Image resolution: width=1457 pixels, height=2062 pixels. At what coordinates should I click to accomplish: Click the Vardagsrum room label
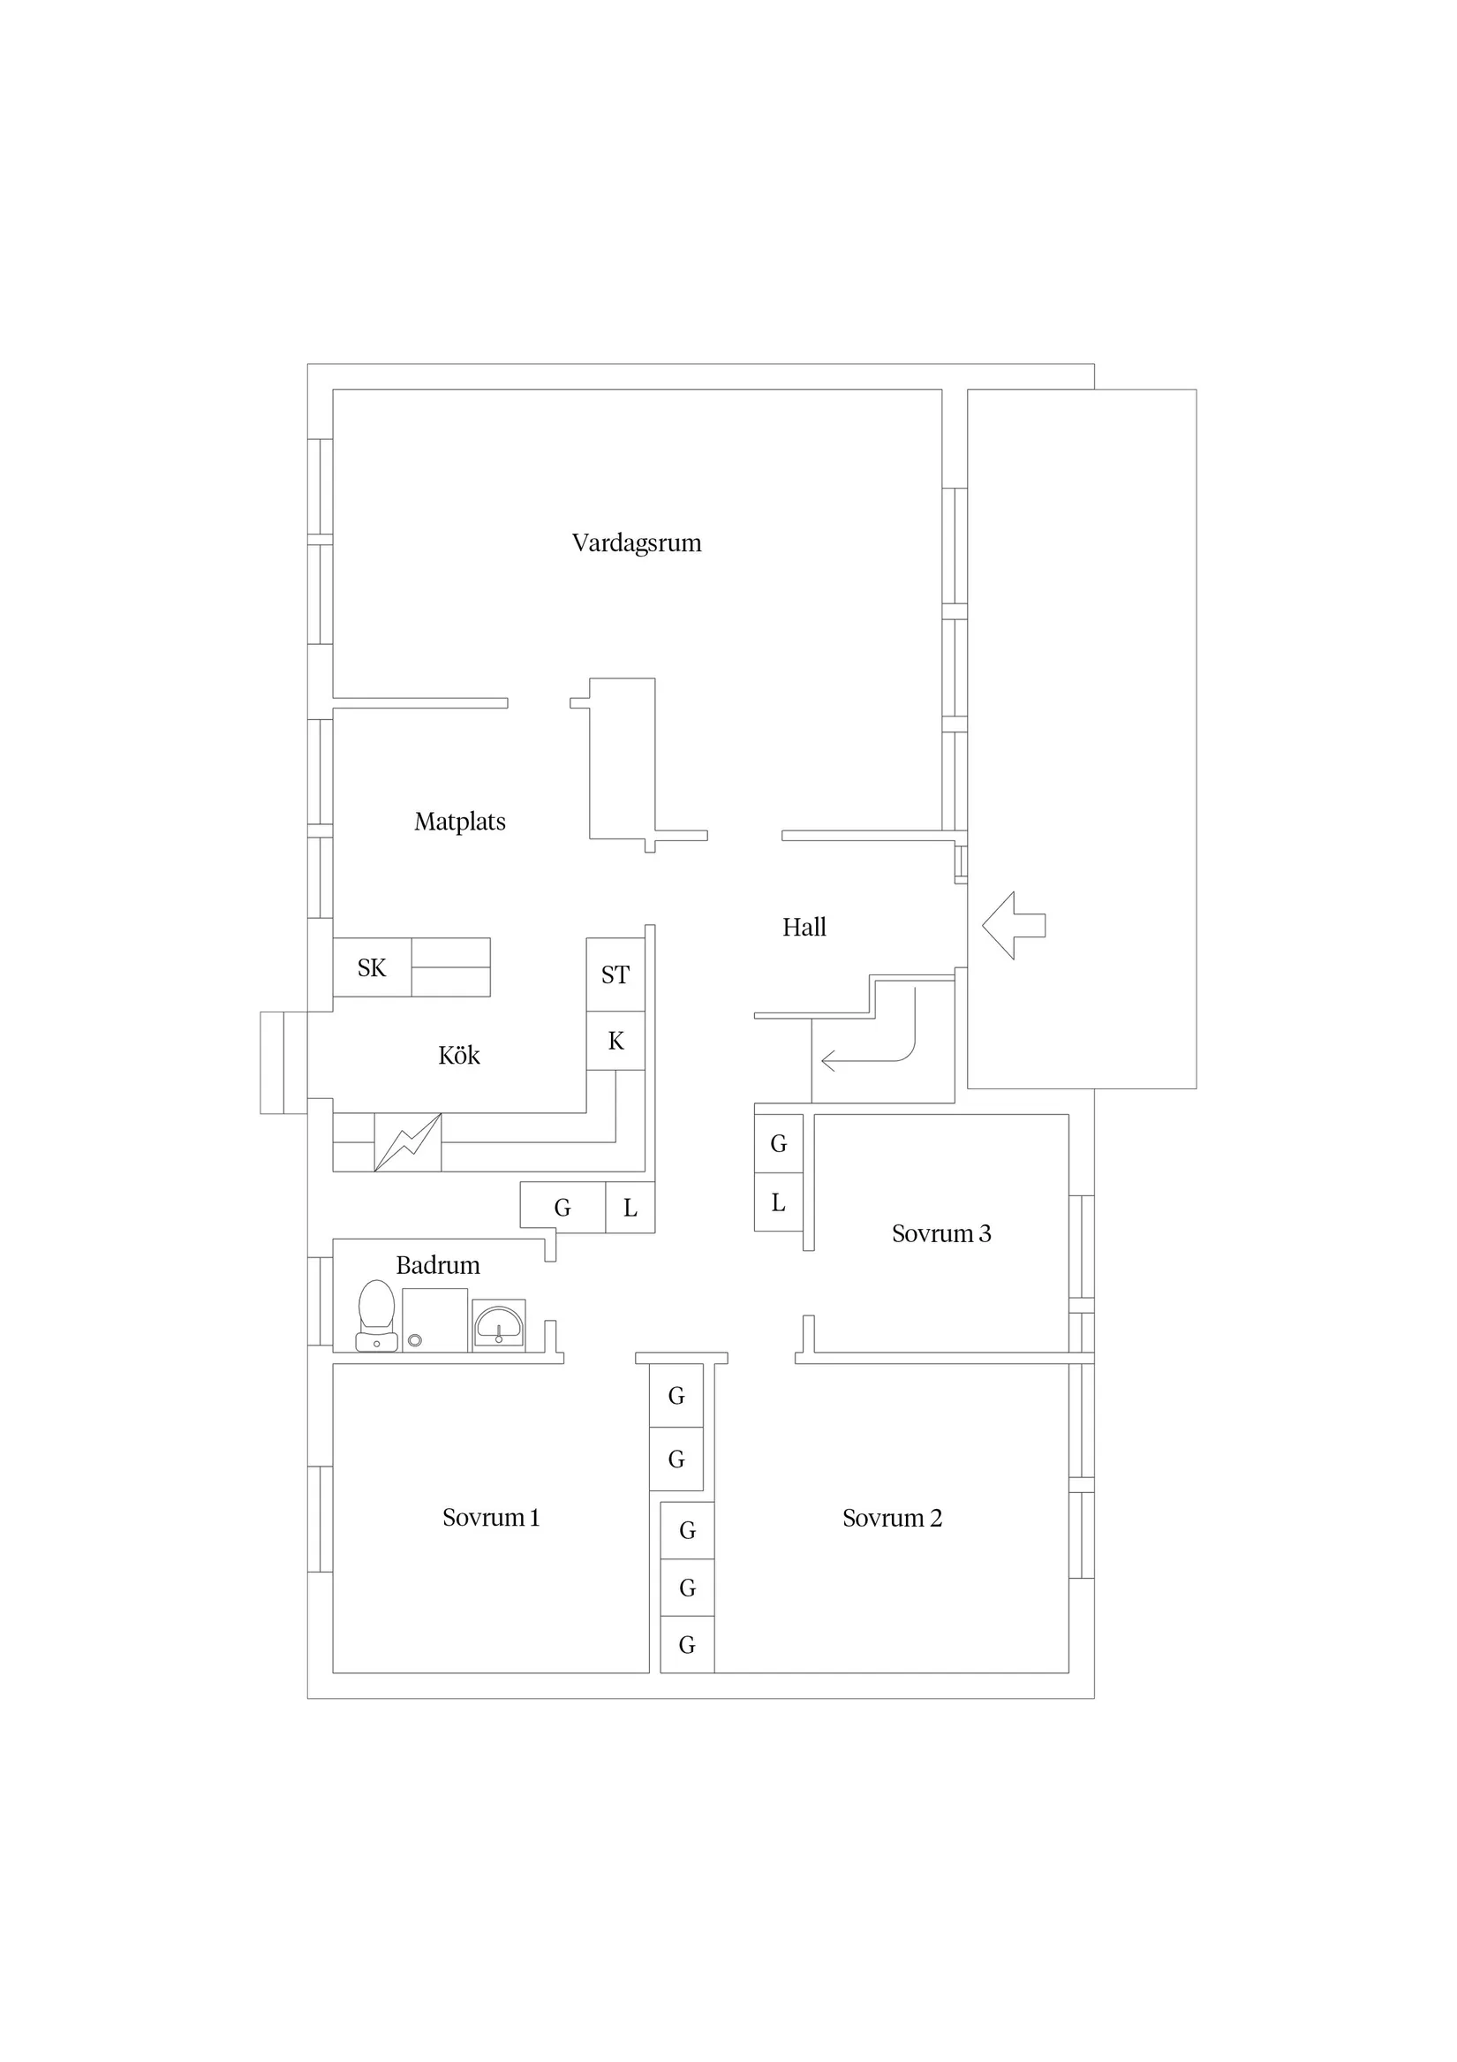coord(637,543)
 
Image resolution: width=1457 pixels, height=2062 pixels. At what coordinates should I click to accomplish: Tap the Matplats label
coord(460,822)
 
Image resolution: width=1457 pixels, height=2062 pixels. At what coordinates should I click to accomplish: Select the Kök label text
coord(459,1055)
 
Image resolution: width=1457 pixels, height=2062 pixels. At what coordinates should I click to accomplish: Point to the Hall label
coord(804,927)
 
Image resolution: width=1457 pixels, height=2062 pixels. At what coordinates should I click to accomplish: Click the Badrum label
coord(438,1265)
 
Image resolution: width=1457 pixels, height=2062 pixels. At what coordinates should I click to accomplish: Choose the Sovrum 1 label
coord(491,1518)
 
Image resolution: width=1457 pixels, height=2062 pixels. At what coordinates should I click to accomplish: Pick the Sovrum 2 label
coord(893,1519)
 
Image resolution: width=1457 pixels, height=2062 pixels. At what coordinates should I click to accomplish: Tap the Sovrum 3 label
coord(941,1234)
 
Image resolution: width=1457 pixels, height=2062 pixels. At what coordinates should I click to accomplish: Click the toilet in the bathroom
coord(377,1315)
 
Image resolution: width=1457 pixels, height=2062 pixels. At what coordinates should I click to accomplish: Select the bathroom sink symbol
coord(499,1325)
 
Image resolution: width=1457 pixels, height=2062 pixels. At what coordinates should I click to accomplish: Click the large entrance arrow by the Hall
coord(1014,925)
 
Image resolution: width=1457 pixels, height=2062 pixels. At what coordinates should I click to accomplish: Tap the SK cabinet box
coord(373,967)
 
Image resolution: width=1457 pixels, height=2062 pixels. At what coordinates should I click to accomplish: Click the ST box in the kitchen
coord(615,974)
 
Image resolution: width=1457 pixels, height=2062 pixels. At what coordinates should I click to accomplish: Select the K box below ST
coord(615,1041)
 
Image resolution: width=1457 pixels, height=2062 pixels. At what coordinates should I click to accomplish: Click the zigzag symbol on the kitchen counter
coord(408,1142)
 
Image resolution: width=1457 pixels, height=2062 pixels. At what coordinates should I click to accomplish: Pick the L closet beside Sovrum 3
coord(778,1202)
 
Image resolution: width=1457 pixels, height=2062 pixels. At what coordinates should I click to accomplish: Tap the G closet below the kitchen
coord(562,1208)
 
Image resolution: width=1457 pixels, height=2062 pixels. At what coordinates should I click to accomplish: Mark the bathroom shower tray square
coord(434,1320)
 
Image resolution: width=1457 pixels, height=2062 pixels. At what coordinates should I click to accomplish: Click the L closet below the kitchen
coord(630,1208)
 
